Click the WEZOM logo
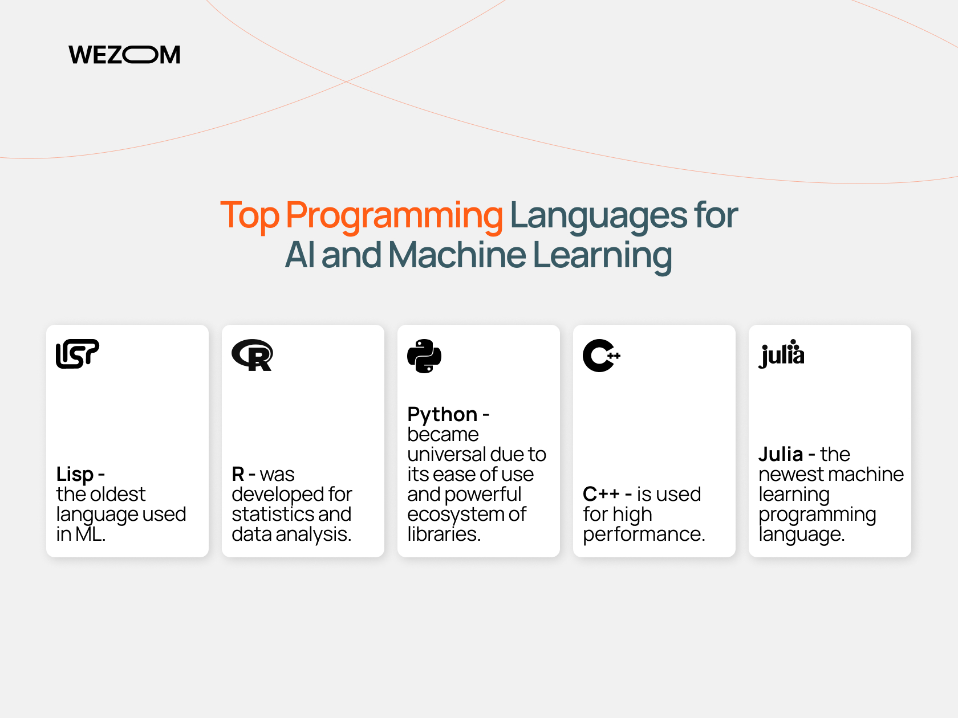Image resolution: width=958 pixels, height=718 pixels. point(124,55)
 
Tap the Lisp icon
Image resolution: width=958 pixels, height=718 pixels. point(77,354)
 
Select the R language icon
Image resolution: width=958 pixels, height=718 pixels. point(252,355)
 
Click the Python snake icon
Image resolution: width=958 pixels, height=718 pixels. point(424,356)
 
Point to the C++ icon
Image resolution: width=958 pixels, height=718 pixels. point(602,355)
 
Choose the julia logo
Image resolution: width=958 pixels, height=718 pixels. point(781,354)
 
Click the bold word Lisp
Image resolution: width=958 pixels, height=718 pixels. point(75,474)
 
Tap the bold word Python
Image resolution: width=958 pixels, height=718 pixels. point(442,415)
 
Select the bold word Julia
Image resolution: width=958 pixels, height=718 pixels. point(780,454)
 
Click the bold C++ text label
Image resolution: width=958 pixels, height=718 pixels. point(601,494)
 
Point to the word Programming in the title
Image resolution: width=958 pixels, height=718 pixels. point(394,216)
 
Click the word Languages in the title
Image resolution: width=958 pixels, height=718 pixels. point(598,216)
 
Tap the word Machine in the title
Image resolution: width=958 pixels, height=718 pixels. point(457,255)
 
